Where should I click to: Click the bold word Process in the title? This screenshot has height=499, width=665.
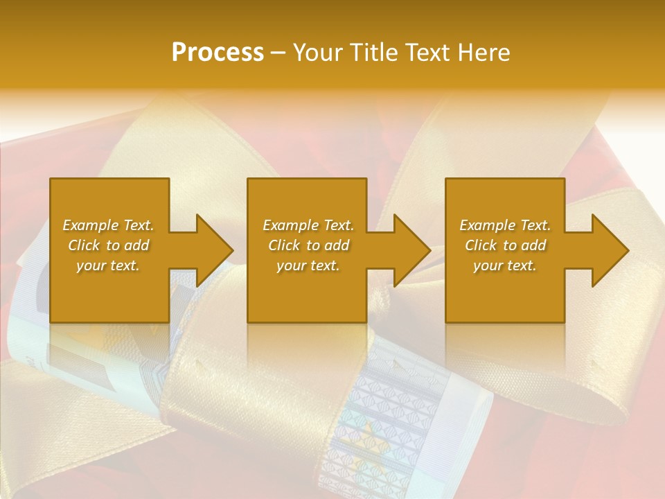218,52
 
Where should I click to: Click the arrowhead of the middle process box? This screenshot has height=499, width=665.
411,250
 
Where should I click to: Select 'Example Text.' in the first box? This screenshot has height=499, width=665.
108,225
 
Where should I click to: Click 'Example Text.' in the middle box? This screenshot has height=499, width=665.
308,225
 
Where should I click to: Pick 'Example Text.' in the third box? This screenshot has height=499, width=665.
505,225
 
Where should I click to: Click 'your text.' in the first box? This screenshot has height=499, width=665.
108,265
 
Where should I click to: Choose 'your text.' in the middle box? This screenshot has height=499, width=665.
308,265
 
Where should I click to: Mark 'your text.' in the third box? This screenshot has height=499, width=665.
505,265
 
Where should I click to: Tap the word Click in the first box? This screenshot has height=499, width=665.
84,245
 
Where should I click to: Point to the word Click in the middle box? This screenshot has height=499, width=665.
284,245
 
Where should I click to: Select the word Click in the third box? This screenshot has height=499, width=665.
481,245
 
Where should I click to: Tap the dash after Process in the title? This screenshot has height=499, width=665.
278,53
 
